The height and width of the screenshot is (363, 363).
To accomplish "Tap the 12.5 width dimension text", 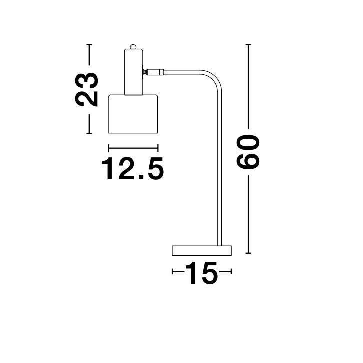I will point(133,169).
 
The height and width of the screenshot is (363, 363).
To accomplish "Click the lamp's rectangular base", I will point(202,250).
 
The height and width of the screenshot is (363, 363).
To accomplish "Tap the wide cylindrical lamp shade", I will point(133,113).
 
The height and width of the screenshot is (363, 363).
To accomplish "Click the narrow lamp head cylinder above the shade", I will point(133,71).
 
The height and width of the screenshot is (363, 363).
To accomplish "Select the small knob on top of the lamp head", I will point(133,46).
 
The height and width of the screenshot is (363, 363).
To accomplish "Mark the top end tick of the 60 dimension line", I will point(249,44).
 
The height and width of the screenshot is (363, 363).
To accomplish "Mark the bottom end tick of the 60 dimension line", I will point(249,253).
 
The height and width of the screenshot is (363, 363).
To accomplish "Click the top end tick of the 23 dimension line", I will point(90,45).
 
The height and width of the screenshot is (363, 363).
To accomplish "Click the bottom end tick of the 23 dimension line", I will point(90,134).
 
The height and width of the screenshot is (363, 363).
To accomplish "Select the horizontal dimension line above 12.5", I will point(133,147).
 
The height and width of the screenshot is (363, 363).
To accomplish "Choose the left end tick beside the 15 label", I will point(172,272).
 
